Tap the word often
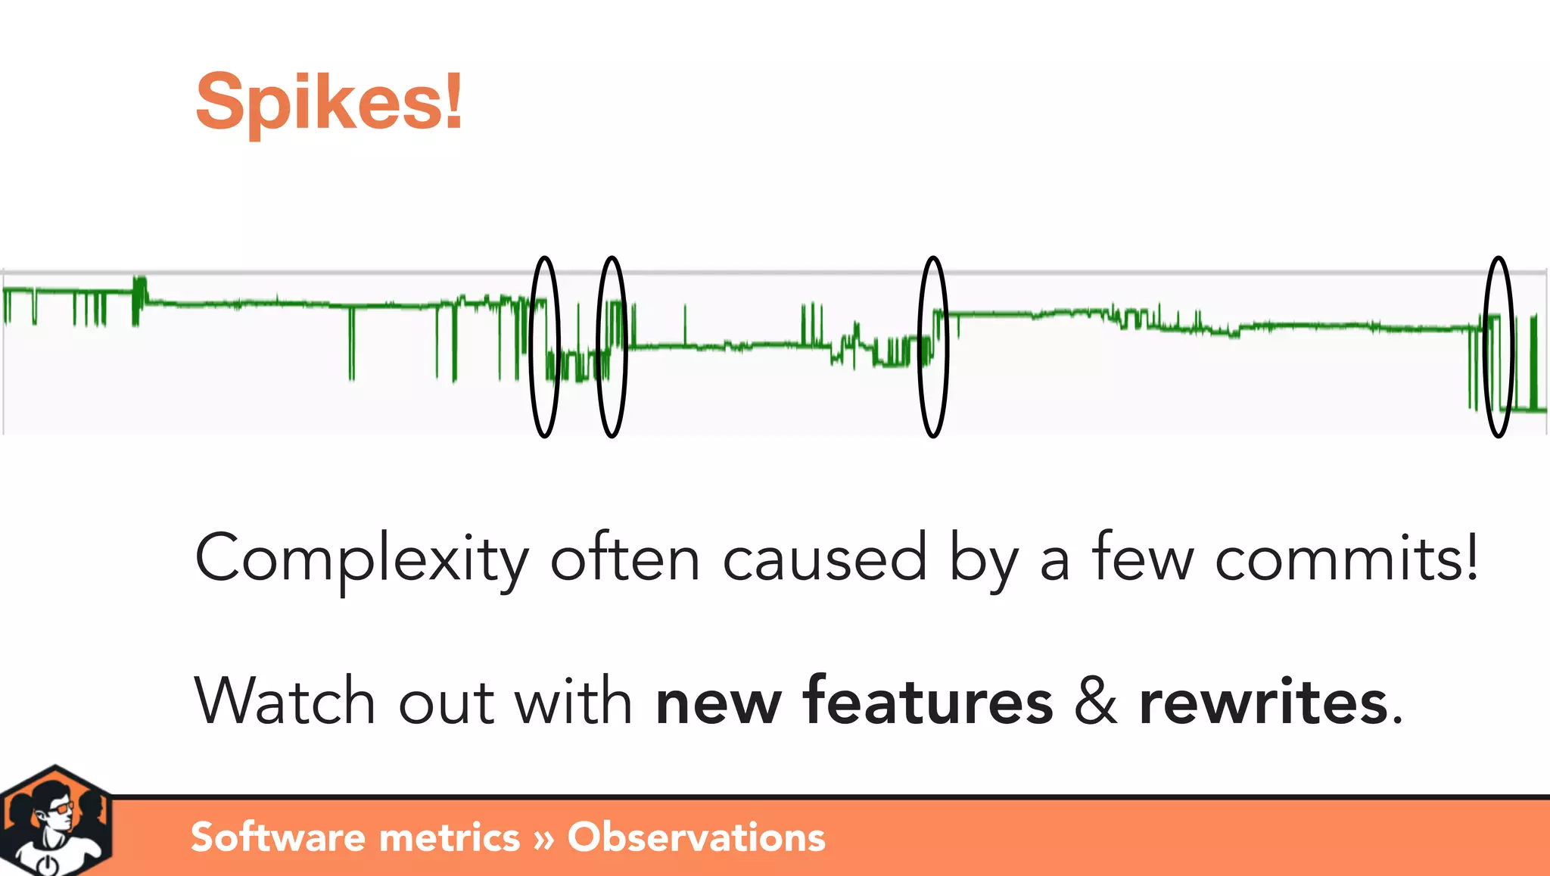(x=624, y=559)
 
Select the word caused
(x=824, y=559)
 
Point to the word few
(x=1143, y=559)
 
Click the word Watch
(x=285, y=701)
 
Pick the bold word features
(x=928, y=701)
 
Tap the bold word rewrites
(x=1263, y=701)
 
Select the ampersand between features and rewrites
(x=1096, y=701)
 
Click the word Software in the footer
(x=279, y=837)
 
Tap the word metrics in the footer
(x=450, y=837)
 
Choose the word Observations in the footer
(x=696, y=837)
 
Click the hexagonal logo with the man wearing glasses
(x=54, y=822)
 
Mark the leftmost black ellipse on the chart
(x=544, y=347)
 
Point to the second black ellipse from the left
(x=612, y=347)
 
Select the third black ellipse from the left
(x=933, y=347)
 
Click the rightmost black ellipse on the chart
(x=1499, y=347)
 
